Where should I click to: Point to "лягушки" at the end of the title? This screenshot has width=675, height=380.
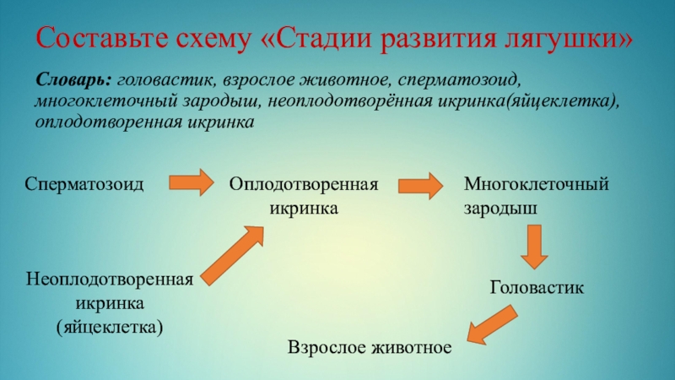coord(573,39)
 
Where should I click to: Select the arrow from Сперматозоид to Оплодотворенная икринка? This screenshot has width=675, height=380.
coord(192,182)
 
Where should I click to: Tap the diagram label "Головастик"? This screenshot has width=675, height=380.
coord(537,288)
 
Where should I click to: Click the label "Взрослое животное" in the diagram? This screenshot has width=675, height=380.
coord(370,347)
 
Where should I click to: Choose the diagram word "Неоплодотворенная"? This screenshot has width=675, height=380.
coord(111,280)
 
